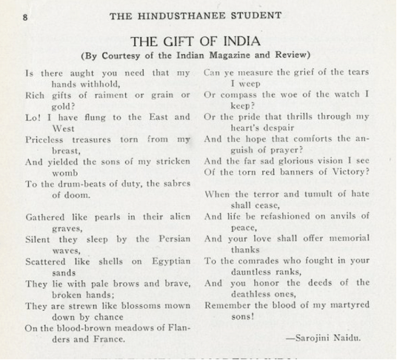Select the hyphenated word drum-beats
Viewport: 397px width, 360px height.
[x=70, y=184]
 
